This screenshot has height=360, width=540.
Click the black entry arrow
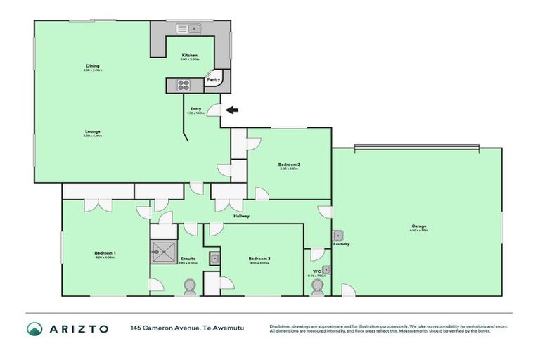click(232, 110)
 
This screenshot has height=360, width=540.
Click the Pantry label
click(213, 80)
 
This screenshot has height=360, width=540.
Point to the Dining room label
click(93, 66)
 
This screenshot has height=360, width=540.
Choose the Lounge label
click(93, 131)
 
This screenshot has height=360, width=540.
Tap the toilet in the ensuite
click(189, 285)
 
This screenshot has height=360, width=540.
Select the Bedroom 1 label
click(105, 253)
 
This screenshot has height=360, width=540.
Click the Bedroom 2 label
click(290, 165)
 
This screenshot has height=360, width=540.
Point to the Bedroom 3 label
click(259, 259)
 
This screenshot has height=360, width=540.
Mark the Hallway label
click(242, 216)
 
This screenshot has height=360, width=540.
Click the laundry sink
click(338, 236)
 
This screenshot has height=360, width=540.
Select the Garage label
click(419, 226)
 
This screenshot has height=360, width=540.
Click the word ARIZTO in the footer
click(78, 329)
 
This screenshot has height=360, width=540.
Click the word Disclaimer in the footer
click(282, 326)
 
